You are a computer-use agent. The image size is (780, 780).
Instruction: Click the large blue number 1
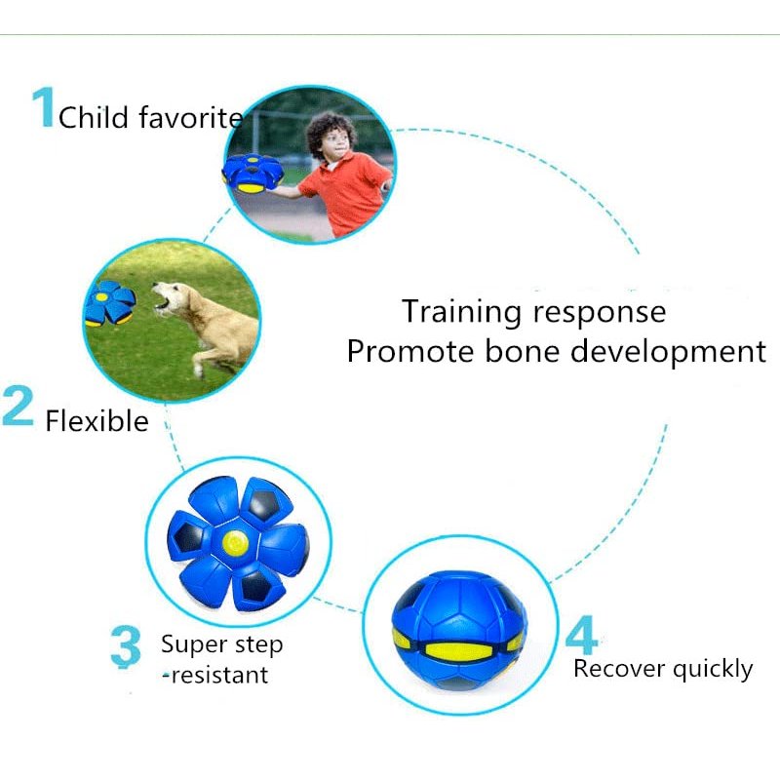pos(44,107)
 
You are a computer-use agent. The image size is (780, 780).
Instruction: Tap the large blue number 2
pos(18,406)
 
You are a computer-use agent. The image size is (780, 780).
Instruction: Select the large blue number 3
pos(126,646)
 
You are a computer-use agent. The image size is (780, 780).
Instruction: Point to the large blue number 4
pos(581,636)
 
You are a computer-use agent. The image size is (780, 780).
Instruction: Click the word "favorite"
pos(191,117)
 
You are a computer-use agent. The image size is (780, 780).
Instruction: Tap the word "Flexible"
pos(97,421)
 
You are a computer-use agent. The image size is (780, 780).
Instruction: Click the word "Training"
pos(461,313)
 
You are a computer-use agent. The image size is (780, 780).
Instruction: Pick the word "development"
pos(668,353)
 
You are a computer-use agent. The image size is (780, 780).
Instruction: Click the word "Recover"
pos(619,668)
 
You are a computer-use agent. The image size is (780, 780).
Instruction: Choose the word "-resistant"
pos(215,675)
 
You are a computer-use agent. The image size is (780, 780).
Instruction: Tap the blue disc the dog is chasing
pos(109,303)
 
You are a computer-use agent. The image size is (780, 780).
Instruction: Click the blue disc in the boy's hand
pos(253,175)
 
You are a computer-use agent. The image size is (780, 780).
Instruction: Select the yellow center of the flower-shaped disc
pos(235,543)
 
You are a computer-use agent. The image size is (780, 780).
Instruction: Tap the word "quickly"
pos(713,670)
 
